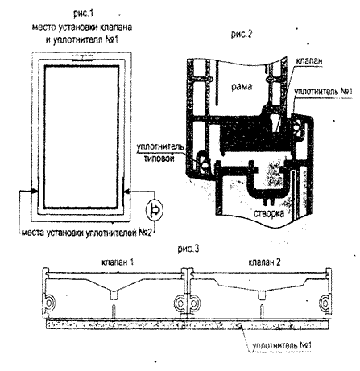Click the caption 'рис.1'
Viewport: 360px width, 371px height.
[83, 13]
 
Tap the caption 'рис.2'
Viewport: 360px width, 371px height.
[242, 34]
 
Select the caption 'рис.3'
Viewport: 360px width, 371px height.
[188, 249]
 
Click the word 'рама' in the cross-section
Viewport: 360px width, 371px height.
[242, 86]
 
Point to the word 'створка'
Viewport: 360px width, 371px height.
[269, 213]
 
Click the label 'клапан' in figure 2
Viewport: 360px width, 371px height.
[309, 60]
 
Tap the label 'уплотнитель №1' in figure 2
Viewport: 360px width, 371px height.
[323, 91]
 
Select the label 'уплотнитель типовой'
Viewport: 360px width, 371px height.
[160, 152]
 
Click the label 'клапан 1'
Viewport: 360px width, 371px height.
[118, 262]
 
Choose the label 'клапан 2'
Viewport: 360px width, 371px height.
[264, 262]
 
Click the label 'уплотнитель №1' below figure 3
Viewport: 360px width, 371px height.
[282, 345]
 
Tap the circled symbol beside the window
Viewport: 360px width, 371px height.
[155, 211]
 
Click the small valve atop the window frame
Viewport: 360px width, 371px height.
[83, 57]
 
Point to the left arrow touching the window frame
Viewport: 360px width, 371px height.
[28, 191]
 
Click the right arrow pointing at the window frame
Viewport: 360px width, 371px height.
[139, 192]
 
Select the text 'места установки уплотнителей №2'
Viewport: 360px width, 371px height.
[87, 233]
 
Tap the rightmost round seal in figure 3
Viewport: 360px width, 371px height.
[325, 303]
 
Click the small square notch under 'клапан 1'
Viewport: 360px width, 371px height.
[114, 295]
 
